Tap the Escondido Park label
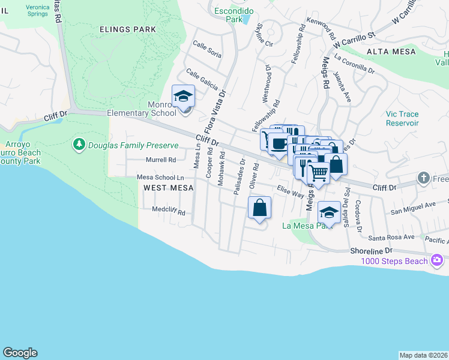tap(234, 15)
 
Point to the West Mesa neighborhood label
tap(168, 188)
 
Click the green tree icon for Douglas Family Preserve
tap(79, 145)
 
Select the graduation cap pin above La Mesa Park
tap(328, 212)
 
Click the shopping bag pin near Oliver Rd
tap(259, 208)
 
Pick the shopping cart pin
tap(319, 173)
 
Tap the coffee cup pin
tap(278, 143)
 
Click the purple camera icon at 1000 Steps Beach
tap(436, 260)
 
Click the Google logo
tap(20, 353)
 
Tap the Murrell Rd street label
tap(161, 160)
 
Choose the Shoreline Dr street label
tap(372, 250)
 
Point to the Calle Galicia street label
tap(202, 79)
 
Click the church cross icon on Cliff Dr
tap(424, 178)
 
